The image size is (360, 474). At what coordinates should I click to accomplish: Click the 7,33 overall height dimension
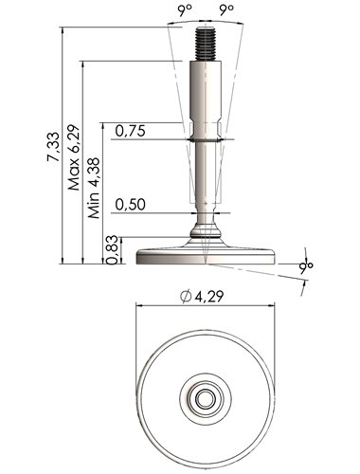click(53, 147)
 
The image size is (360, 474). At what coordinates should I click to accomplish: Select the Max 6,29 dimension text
click(74, 157)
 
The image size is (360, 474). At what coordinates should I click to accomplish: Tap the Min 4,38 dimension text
click(94, 188)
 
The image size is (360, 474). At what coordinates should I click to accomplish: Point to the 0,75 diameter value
click(130, 131)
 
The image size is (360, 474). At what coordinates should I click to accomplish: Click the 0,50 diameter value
click(130, 205)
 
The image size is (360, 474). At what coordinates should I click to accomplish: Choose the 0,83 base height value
click(113, 250)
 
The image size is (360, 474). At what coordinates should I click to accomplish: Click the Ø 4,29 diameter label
click(202, 297)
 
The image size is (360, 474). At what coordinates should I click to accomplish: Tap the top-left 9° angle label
click(185, 10)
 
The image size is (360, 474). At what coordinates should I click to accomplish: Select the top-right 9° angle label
click(226, 10)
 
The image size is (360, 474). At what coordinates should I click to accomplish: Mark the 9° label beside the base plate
click(306, 266)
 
